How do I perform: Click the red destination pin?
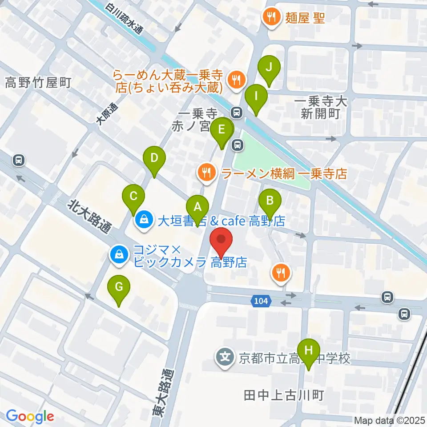(222, 240)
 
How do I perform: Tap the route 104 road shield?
(262, 302)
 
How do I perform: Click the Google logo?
(30, 416)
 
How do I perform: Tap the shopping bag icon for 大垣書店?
(144, 219)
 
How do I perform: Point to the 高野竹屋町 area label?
(38, 83)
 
